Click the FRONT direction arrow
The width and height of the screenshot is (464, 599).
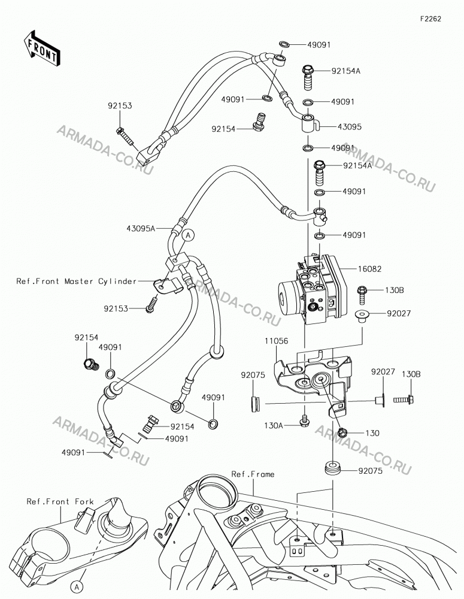pyautogui.click(x=40, y=49)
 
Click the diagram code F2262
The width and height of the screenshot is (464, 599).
pyautogui.click(x=430, y=19)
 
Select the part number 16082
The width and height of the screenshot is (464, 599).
pyautogui.click(x=369, y=269)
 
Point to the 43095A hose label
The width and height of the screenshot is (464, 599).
pyautogui.click(x=141, y=228)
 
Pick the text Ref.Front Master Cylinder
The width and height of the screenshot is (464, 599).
pyautogui.click(x=77, y=281)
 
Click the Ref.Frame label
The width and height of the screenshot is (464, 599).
pyautogui.click(x=253, y=474)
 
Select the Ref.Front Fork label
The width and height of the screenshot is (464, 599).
pyautogui.click(x=60, y=501)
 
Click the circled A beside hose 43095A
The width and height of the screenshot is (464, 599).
pyautogui.click(x=188, y=235)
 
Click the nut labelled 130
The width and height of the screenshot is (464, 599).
pyautogui.click(x=342, y=433)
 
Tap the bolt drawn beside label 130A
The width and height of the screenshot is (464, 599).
pyautogui.click(x=304, y=421)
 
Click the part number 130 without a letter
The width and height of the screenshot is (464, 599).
pyautogui.click(x=372, y=433)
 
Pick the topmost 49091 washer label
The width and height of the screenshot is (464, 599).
pyautogui.click(x=319, y=45)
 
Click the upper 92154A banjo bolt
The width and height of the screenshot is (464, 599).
pyautogui.click(x=308, y=77)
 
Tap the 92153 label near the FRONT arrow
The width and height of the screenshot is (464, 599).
pyautogui.click(x=120, y=106)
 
